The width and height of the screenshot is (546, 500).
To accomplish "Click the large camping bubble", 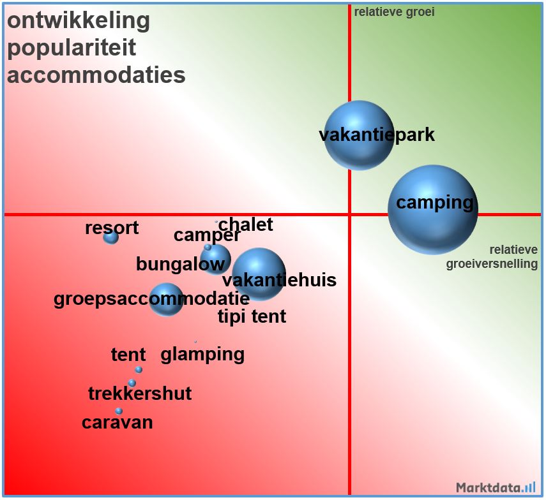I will click(433, 210).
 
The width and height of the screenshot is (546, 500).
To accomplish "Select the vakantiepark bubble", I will click(359, 135).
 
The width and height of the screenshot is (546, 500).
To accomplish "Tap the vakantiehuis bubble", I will click(259, 274).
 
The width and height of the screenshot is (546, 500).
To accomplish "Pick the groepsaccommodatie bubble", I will click(166, 299).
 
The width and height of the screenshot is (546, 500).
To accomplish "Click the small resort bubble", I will click(111, 237).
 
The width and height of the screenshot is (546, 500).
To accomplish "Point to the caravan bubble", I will click(119, 411).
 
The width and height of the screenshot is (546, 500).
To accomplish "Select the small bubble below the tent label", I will click(139, 369).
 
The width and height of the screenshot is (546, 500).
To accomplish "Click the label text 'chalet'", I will click(246, 224).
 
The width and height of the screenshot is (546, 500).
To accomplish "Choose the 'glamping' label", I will click(202, 354).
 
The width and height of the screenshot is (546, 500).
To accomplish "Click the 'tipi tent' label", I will click(252, 316).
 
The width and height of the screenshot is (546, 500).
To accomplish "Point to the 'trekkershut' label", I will click(140, 393).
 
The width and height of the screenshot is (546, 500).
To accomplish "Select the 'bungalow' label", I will click(180, 264).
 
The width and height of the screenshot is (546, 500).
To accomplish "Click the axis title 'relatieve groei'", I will click(395, 12).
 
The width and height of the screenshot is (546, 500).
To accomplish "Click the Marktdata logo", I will click(496, 488).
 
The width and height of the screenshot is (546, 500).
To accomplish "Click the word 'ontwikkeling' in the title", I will click(79, 20).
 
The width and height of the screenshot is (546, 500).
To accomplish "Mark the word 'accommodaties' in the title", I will click(96, 75).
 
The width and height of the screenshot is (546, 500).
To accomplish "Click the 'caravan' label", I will click(118, 422).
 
